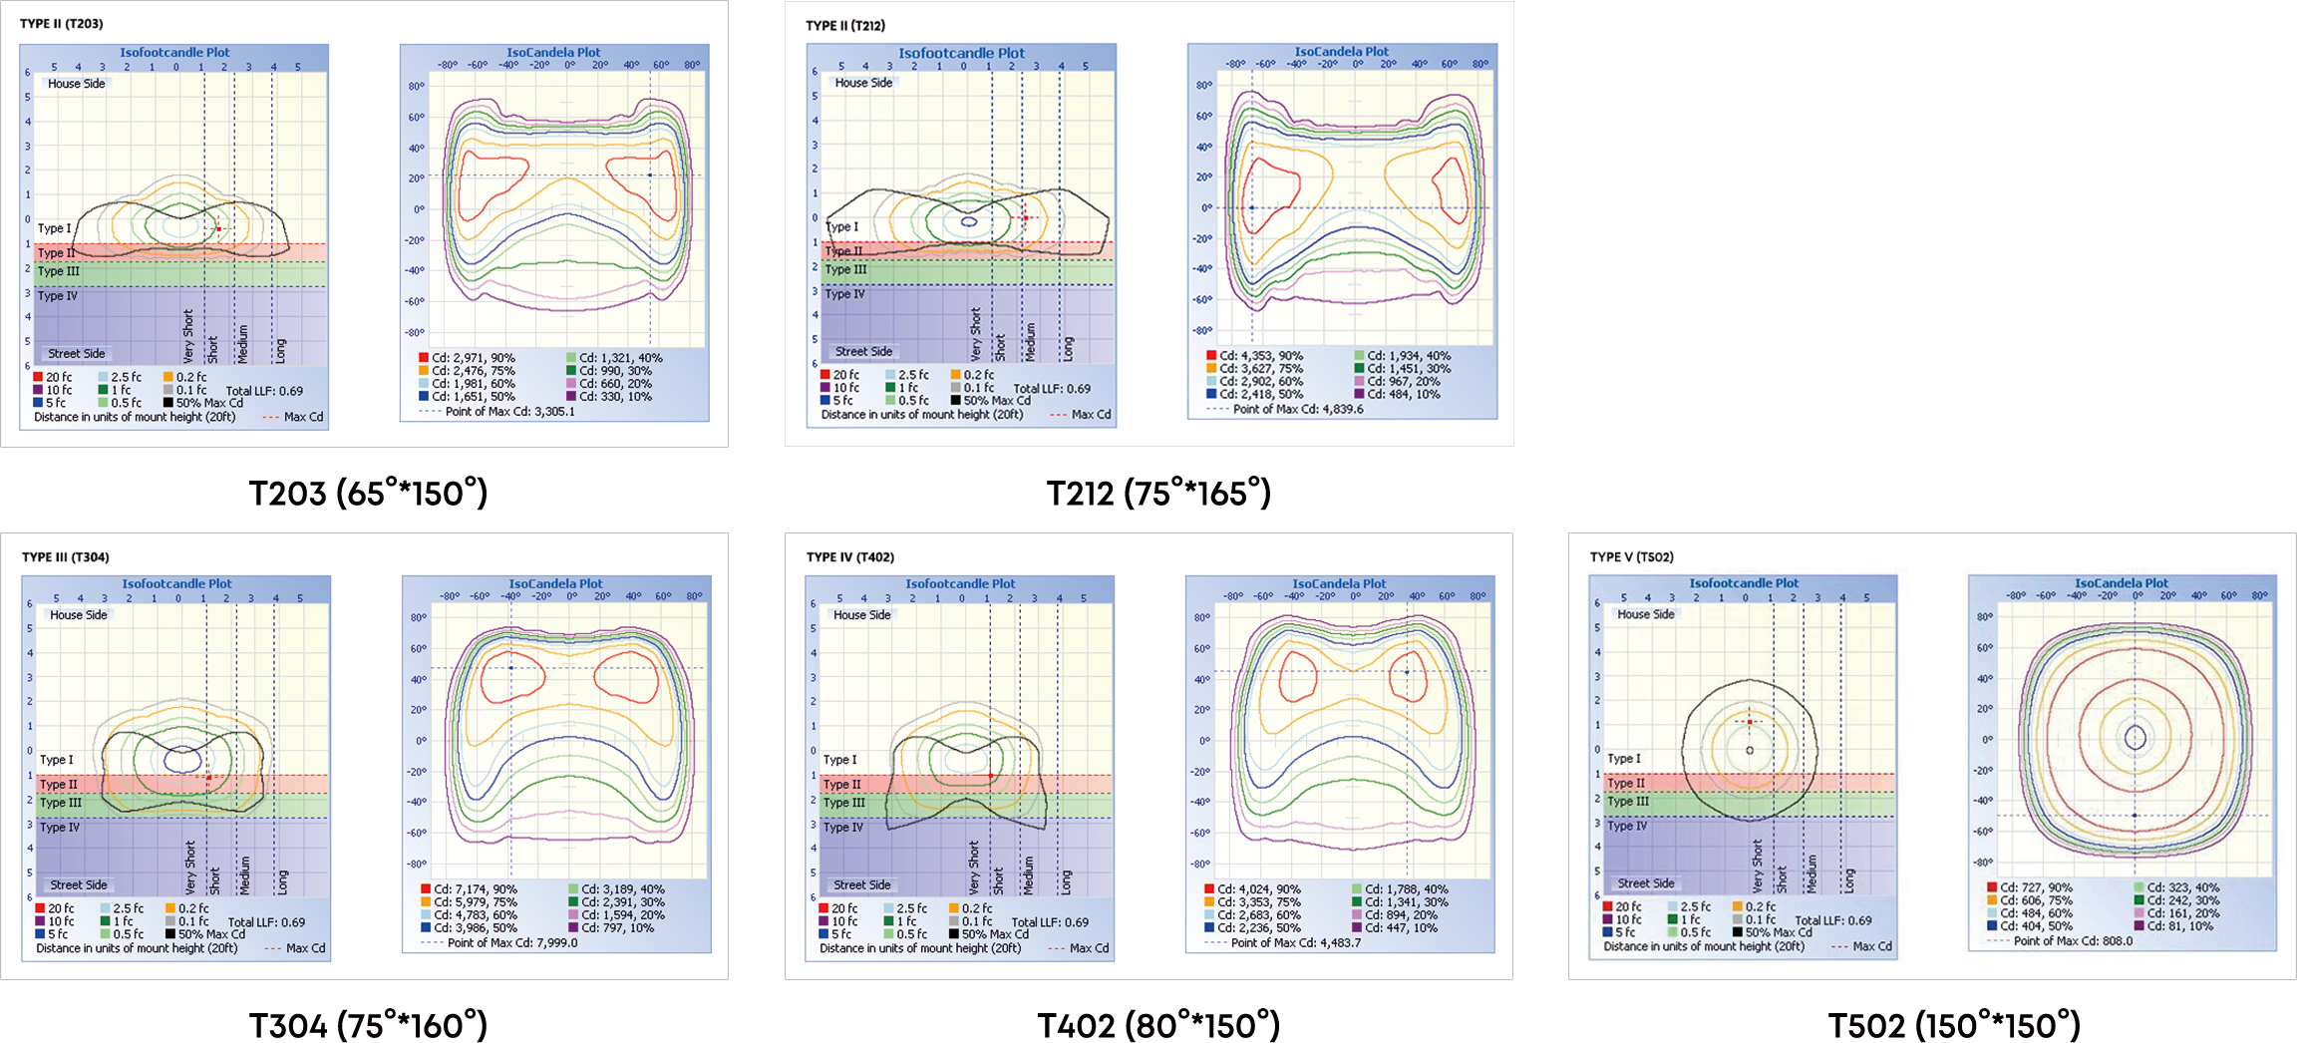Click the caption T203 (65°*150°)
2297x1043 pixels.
368,493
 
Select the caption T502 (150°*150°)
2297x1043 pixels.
1954,1024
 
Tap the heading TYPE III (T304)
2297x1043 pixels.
66,556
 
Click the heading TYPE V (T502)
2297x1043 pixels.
1632,556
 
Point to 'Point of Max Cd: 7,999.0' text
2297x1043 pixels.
512,942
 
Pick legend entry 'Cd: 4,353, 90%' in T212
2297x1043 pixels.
1260,356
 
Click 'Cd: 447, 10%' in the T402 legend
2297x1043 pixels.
1401,928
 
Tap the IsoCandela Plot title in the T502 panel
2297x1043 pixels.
2122,583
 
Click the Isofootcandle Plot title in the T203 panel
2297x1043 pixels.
174,52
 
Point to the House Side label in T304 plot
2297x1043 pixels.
79,615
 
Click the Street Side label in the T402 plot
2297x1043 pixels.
862,884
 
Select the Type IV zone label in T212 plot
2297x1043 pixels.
845,294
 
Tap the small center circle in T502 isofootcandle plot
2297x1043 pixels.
1750,750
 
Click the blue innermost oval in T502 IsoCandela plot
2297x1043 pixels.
2135,738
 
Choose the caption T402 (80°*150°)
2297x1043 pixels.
1158,1024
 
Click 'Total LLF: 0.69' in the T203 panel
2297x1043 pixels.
264,391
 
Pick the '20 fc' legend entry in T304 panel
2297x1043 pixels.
61,908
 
